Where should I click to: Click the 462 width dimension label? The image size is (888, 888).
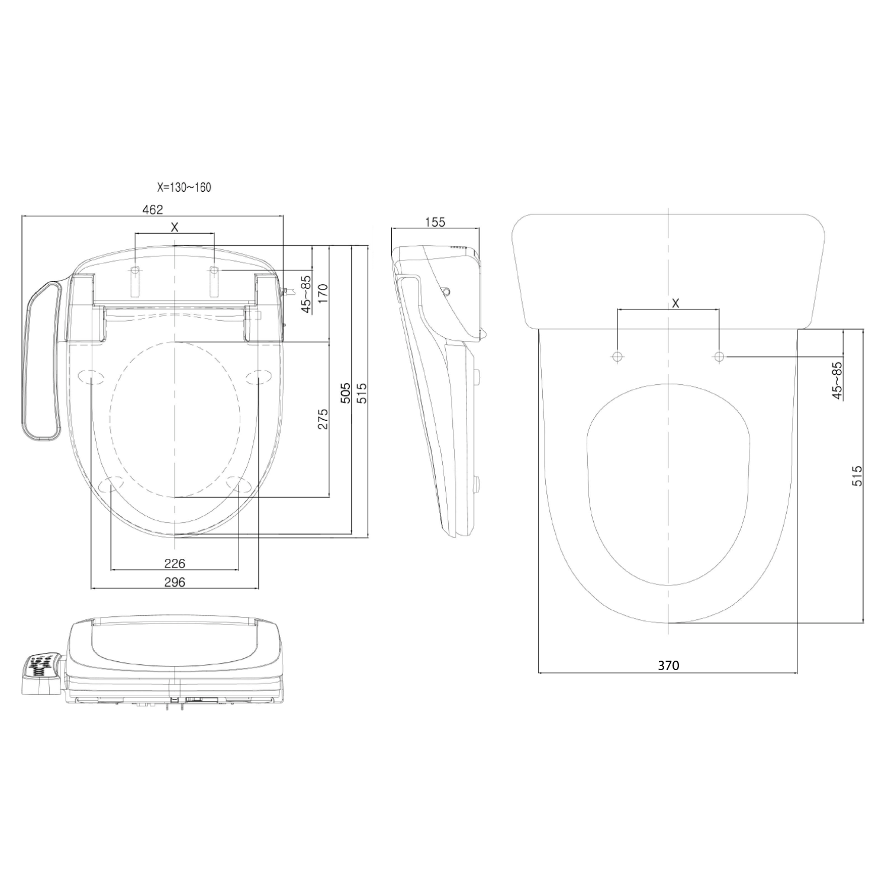(153, 209)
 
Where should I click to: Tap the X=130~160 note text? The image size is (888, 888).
(184, 188)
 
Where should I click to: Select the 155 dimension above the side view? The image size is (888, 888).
(435, 222)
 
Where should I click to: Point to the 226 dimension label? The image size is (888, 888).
(175, 563)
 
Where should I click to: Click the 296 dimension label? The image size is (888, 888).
(175, 582)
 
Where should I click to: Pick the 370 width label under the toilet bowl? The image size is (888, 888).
(668, 665)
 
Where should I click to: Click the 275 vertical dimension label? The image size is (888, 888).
(323, 419)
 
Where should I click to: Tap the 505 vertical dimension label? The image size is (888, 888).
(347, 393)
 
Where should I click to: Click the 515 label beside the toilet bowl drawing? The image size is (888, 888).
(857, 476)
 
